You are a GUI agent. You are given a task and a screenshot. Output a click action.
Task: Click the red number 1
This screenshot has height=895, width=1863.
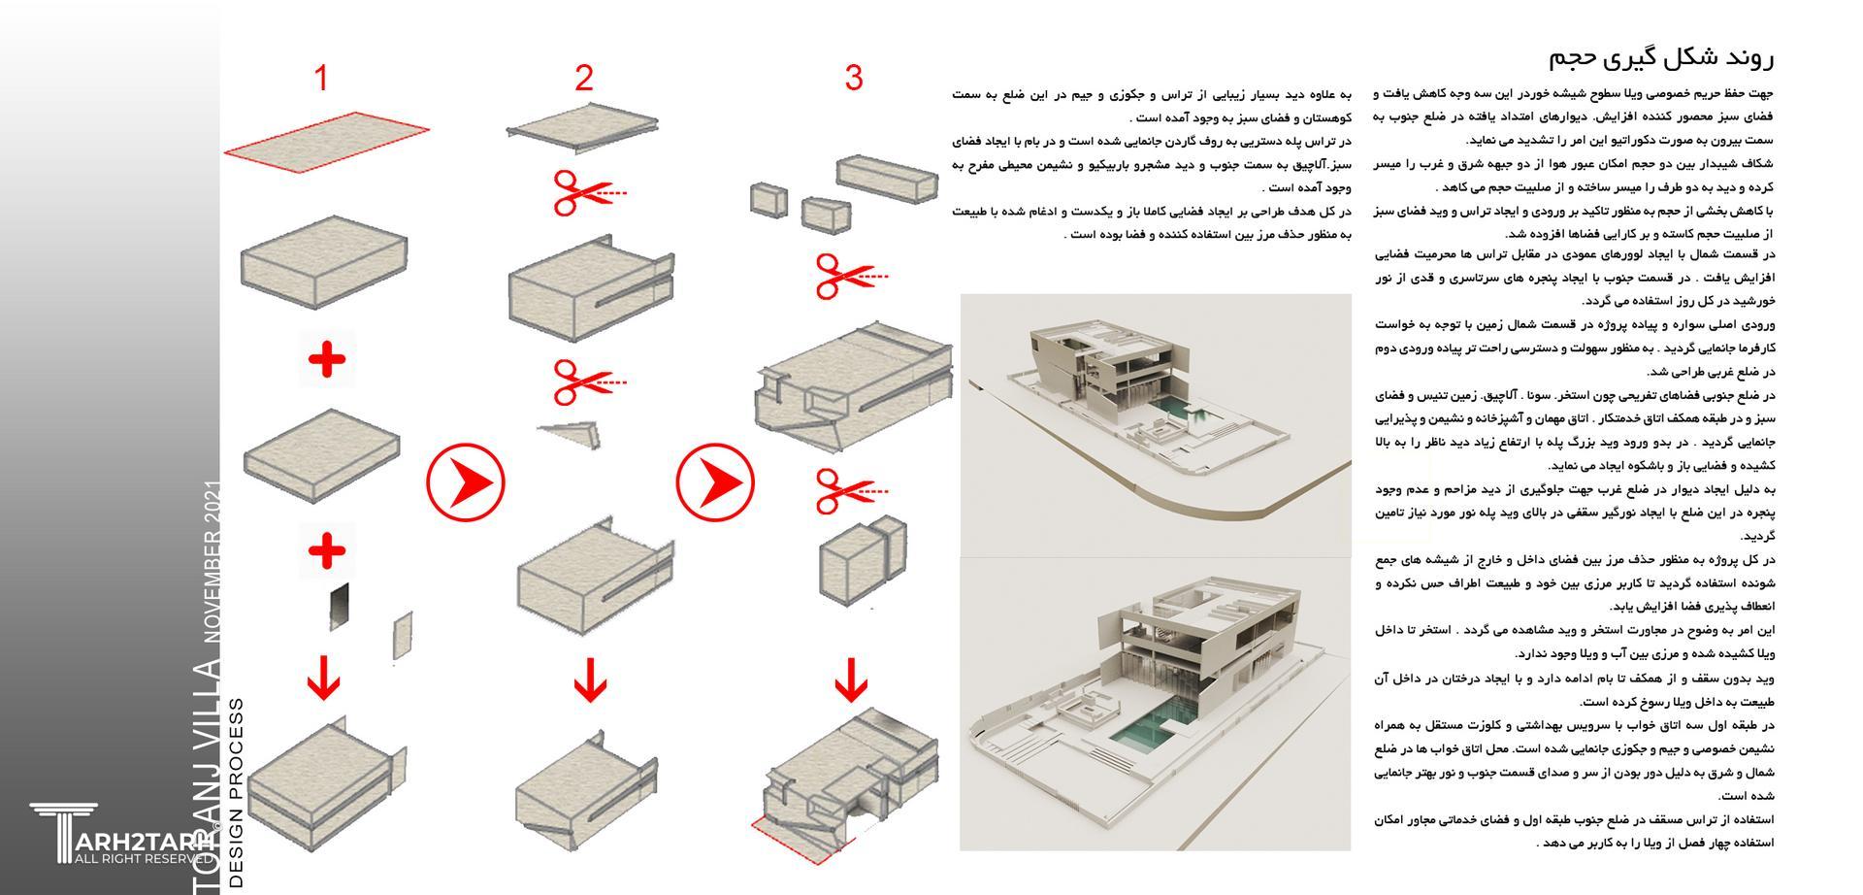click(x=321, y=78)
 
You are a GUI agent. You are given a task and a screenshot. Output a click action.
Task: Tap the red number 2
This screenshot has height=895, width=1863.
click(x=583, y=78)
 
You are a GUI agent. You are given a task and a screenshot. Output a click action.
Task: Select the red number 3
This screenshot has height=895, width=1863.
click(x=853, y=78)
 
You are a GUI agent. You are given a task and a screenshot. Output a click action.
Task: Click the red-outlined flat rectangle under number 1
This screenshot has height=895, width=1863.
click(x=327, y=142)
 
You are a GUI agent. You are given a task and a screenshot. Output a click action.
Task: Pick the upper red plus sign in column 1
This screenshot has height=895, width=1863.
click(x=327, y=360)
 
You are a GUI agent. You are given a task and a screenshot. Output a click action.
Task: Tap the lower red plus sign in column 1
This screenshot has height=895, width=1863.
click(x=327, y=551)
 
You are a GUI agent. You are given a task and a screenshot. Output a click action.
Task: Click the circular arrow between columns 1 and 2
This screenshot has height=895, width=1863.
click(x=466, y=481)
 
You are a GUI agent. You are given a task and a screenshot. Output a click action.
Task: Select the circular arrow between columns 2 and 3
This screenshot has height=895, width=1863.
click(x=715, y=481)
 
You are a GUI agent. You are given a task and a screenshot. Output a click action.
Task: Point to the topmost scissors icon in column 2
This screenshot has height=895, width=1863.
click(x=582, y=192)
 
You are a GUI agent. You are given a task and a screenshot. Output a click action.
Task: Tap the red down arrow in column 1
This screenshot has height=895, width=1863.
click(x=324, y=677)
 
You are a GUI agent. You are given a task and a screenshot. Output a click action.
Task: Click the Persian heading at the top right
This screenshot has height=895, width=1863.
click(x=1661, y=57)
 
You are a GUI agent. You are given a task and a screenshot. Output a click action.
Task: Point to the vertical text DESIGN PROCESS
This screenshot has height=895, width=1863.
click(x=236, y=791)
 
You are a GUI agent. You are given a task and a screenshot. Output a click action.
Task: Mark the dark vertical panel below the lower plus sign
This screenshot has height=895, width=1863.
click(x=336, y=607)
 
